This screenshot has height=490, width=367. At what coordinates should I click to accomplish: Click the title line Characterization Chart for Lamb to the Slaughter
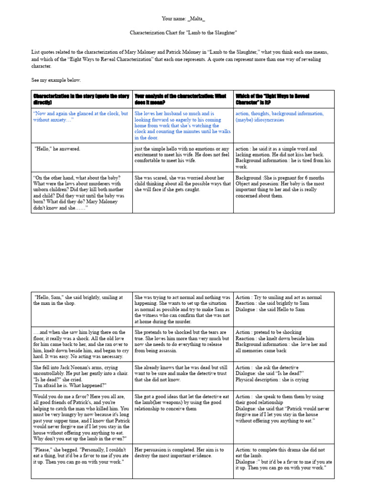pos(183,33)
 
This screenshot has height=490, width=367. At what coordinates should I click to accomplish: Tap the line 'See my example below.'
pos(56,80)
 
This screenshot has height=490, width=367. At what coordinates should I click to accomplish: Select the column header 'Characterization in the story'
pos(81,99)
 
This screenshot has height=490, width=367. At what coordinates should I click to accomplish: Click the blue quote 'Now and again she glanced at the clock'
pos(80,117)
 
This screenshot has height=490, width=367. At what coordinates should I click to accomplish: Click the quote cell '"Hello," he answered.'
pos(57,149)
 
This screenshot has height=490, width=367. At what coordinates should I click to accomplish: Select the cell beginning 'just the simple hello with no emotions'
pos(182,155)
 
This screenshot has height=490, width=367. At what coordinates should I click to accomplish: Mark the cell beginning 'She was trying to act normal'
pos(182,309)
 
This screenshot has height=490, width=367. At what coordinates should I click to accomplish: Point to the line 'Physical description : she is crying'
pos(272,379)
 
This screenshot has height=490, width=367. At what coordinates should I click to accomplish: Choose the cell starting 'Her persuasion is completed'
pos(182,453)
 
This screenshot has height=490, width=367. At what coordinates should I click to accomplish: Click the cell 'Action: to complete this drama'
pos(283,459)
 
